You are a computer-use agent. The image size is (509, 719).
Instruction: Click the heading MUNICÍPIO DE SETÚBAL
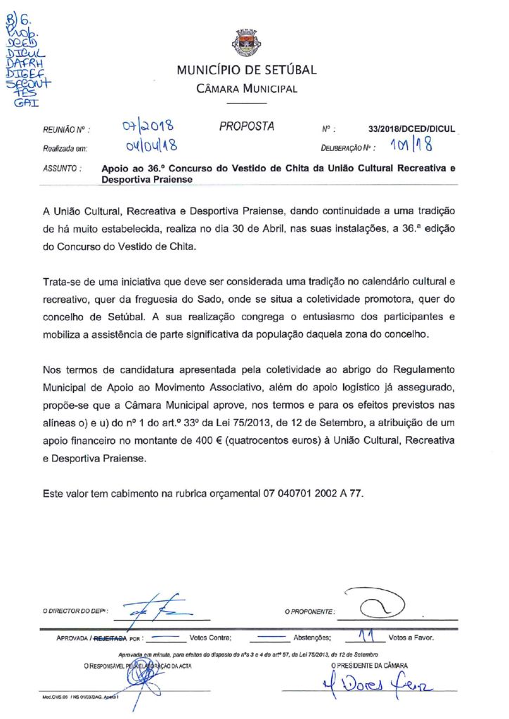coord(247,70)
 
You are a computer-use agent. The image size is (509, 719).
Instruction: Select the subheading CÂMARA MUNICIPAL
coord(246,88)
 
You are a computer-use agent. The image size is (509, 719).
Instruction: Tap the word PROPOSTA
coord(247,126)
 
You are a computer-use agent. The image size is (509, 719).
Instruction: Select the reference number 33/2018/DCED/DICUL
coord(411,129)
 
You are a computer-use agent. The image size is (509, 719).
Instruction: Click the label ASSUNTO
coord(62,169)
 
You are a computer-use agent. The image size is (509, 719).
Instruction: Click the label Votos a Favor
coord(411,639)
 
